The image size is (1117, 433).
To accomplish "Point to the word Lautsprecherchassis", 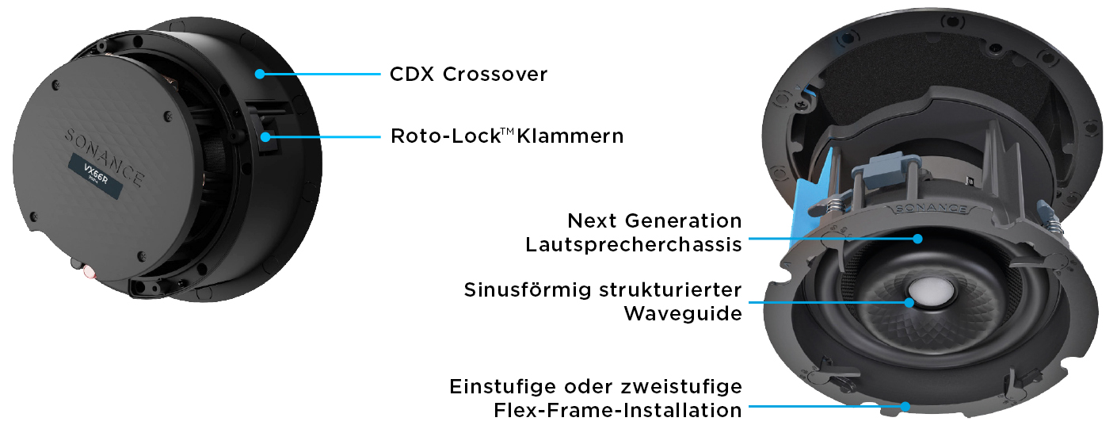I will (x=634, y=244).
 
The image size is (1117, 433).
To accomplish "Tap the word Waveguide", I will (x=683, y=313).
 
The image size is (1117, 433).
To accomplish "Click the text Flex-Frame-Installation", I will (x=618, y=410).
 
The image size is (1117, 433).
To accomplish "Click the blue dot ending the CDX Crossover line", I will (x=260, y=74).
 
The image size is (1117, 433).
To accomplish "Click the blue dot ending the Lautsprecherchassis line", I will (x=917, y=238).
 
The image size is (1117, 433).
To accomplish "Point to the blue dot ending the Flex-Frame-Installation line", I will (x=904, y=407).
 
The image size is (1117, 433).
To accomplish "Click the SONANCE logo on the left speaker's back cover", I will (x=104, y=155).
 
